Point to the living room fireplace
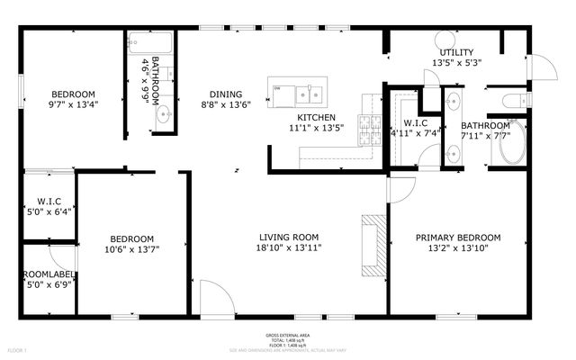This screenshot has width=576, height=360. (x=372, y=244)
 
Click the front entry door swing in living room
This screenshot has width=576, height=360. (x=211, y=296)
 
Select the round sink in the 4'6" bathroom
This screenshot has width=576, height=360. (x=164, y=115)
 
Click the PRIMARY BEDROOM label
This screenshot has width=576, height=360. (x=457, y=238)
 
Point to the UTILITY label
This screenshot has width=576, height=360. (x=456, y=52)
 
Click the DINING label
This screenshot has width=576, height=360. (x=225, y=94)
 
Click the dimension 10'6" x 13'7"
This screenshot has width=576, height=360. (x=132, y=249)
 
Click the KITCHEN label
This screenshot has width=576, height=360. (x=317, y=117)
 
